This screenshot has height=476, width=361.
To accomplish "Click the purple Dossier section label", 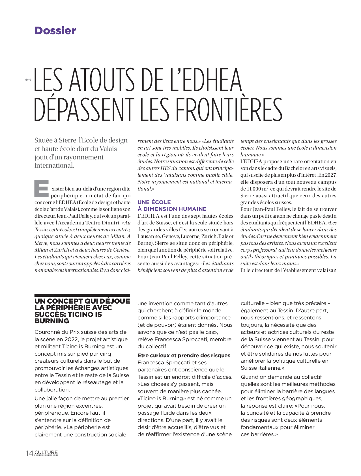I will (x=55, y=31).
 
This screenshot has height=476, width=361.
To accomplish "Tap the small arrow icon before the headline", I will (x=28, y=80).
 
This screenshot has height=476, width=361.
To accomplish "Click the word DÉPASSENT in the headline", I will (x=84, y=109).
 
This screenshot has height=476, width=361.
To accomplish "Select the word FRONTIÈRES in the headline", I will (x=229, y=109).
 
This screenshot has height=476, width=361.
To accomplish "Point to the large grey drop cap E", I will (x=42, y=189).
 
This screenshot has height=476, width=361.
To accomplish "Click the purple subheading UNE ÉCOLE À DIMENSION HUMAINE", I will (x=172, y=205).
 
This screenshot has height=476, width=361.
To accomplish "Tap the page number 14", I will (x=29, y=453).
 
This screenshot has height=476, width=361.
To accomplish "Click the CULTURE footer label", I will (x=46, y=453).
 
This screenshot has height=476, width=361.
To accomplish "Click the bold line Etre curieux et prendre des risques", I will (x=184, y=356).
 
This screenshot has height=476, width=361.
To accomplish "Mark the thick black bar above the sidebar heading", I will (x=82, y=295).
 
